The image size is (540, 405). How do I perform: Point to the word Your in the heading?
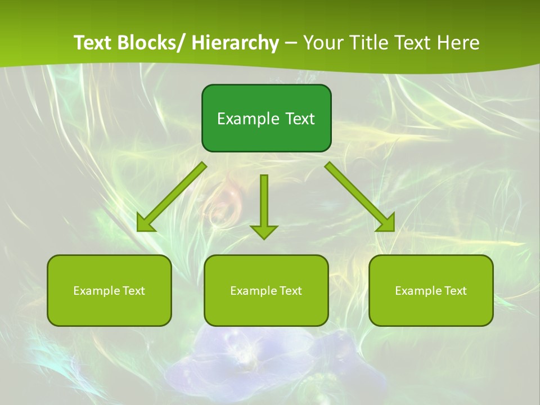pyautogui.click(x=322, y=43)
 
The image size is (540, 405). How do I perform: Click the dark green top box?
pyautogui.click(x=266, y=118)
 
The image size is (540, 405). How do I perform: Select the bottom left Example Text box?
pyautogui.click(x=109, y=290)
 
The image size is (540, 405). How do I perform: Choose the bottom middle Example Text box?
pyautogui.click(x=266, y=290)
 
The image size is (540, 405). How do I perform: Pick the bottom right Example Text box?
pyautogui.click(x=431, y=290)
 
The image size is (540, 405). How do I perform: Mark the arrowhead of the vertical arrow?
pyautogui.click(x=264, y=231)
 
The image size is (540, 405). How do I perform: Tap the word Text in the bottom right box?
pyautogui.click(x=454, y=291)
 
